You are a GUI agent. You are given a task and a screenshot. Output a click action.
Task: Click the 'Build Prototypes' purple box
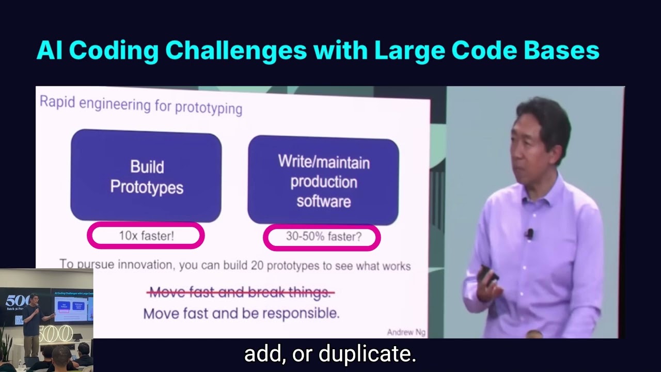pyautogui.click(x=146, y=177)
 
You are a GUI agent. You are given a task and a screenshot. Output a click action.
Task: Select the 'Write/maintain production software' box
pyautogui.click(x=323, y=181)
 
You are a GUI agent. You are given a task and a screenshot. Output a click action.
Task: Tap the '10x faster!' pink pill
pyautogui.click(x=146, y=236)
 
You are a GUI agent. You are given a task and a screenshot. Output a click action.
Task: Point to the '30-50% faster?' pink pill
pyautogui.click(x=322, y=237)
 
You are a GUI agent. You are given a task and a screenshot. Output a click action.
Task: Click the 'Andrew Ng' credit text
pyautogui.click(x=406, y=332)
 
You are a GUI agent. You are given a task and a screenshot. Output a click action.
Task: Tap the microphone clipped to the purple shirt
pyautogui.click(x=529, y=234)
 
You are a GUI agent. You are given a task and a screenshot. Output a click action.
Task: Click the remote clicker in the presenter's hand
pyautogui.click(x=487, y=274)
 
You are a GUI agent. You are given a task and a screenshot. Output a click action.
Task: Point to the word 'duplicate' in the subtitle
pyautogui.click(x=368, y=354)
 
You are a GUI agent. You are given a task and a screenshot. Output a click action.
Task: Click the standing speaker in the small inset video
pyautogui.click(x=33, y=320)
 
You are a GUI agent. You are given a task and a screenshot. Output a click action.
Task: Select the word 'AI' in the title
pyautogui.click(x=50, y=51)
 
